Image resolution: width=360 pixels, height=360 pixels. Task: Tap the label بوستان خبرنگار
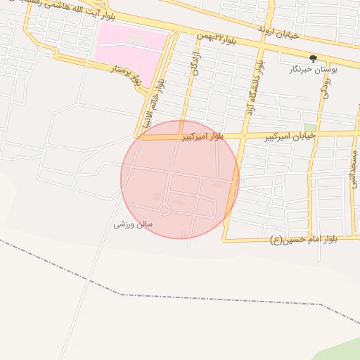(314, 70)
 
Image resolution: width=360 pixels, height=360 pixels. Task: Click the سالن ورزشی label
(134, 224)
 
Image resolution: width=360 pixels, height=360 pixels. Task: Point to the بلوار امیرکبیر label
(202, 136)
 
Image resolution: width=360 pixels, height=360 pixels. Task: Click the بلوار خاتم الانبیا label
(160, 105)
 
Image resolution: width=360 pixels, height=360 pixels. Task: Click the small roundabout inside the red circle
(164, 210)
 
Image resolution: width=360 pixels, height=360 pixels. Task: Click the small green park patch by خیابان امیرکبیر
(309, 127)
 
